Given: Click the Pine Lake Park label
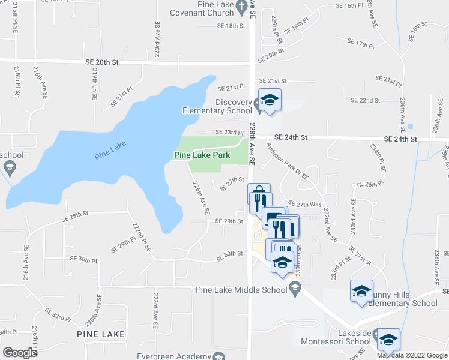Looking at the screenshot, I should tap(202, 155).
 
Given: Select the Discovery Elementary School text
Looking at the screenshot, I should tap(217, 106).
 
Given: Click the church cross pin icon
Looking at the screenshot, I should tap(241, 8).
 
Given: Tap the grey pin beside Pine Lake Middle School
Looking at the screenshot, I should tap(294, 290).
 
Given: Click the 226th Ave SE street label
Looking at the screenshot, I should tap(200, 198).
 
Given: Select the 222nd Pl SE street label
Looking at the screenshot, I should tap(141, 238).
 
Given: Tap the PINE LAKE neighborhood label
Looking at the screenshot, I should tap(101, 334).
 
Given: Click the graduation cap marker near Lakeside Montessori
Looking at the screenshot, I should tap(388, 340).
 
